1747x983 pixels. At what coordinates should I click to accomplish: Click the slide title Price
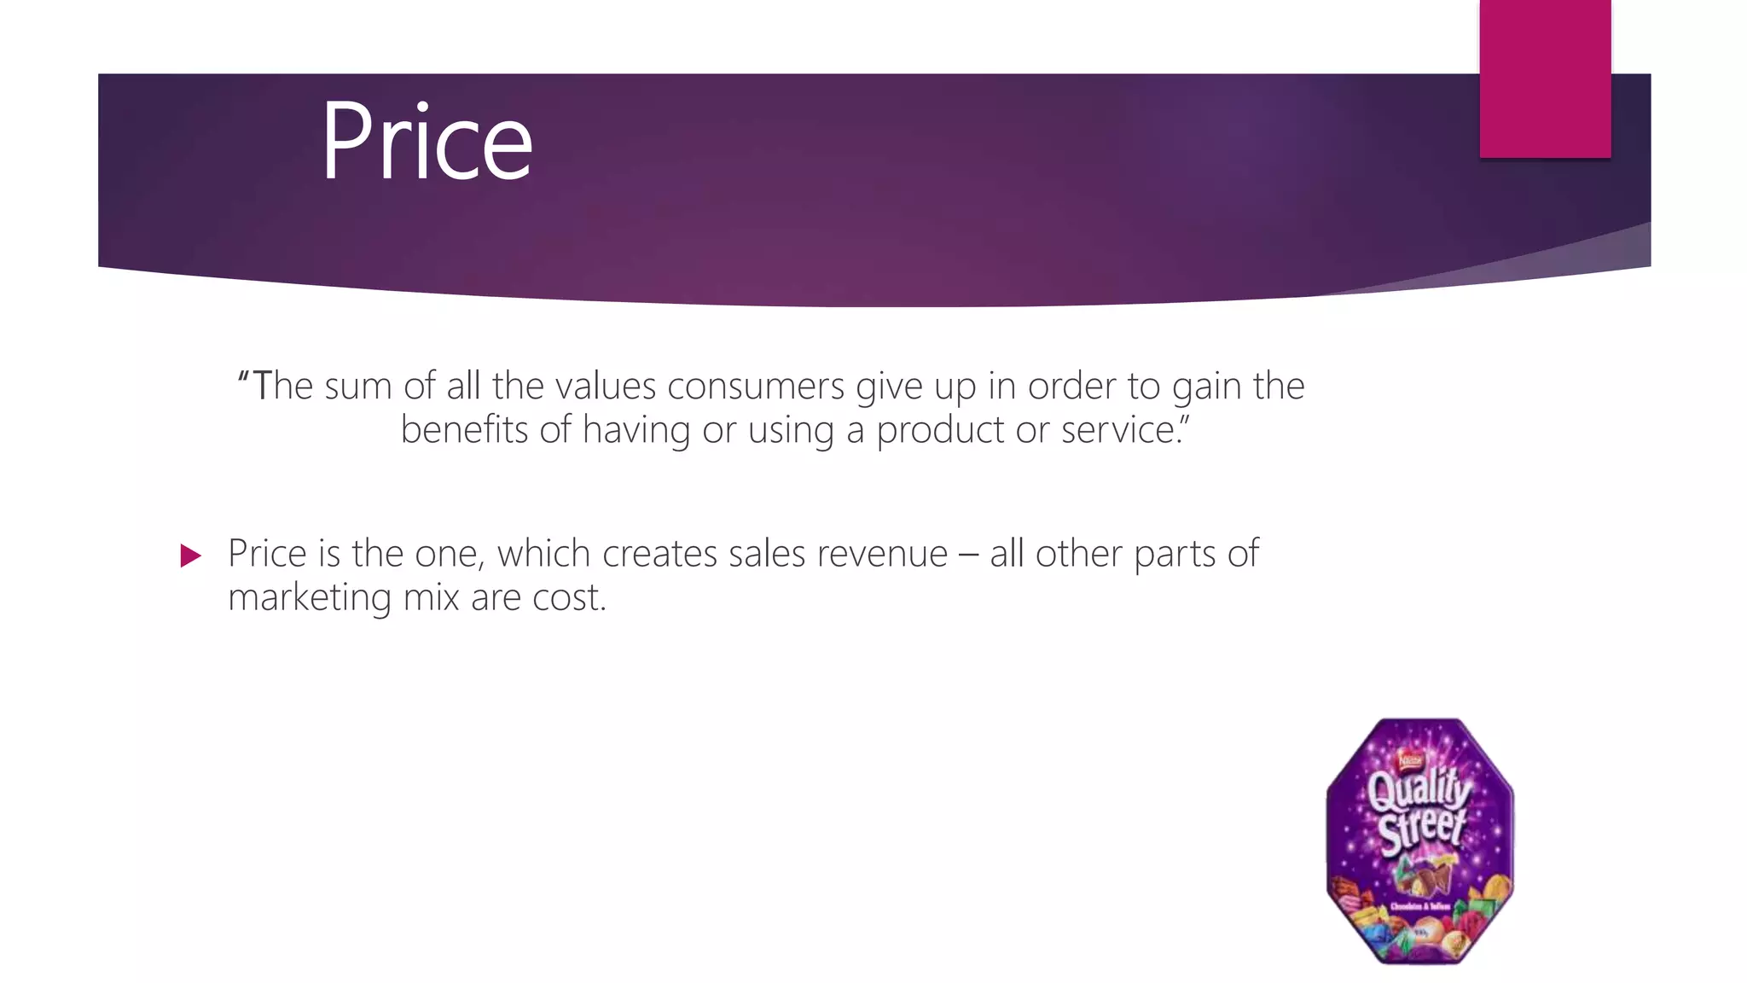(427, 141)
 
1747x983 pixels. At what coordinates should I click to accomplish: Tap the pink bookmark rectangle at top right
(1545, 79)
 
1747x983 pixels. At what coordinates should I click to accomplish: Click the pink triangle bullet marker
(190, 556)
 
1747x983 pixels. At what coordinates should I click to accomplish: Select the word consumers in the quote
(755, 387)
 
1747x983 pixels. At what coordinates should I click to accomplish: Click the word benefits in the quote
(464, 429)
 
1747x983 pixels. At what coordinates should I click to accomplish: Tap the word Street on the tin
(1421, 829)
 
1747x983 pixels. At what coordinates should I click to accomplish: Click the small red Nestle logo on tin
(1410, 758)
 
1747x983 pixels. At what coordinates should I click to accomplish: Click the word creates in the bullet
(659, 554)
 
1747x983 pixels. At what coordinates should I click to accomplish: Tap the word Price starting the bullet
(267, 554)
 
